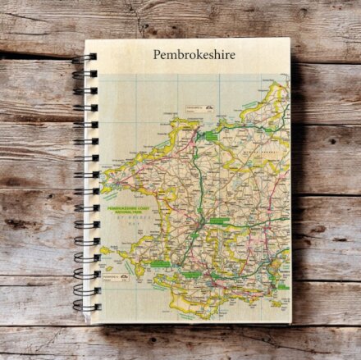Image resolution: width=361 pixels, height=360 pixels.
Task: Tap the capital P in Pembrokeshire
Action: (x=157, y=55)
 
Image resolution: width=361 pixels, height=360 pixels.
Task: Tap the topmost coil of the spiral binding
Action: (x=86, y=57)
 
